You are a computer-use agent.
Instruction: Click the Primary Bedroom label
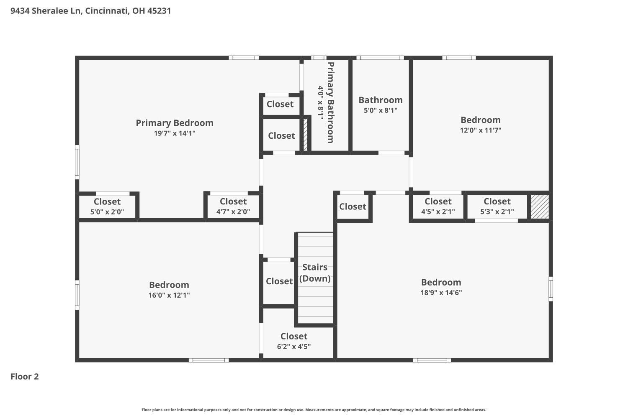click(175, 123)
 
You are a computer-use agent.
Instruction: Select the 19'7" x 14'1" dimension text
click(175, 133)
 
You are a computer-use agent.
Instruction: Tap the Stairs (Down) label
click(315, 273)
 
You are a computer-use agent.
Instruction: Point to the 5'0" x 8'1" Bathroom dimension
click(381, 110)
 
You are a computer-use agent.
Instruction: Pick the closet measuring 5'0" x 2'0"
click(107, 206)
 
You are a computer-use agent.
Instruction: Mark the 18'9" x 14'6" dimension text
click(441, 293)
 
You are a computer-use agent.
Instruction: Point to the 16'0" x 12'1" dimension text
click(169, 295)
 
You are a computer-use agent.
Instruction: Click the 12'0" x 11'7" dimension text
click(481, 130)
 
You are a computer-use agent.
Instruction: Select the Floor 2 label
click(25, 377)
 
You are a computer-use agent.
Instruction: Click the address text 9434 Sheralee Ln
click(46, 11)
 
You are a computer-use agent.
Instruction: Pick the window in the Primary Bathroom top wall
click(319, 58)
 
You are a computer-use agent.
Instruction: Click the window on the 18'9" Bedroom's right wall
click(551, 289)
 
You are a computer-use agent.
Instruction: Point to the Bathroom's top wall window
click(380, 58)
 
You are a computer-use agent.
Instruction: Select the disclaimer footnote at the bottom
click(314, 410)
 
